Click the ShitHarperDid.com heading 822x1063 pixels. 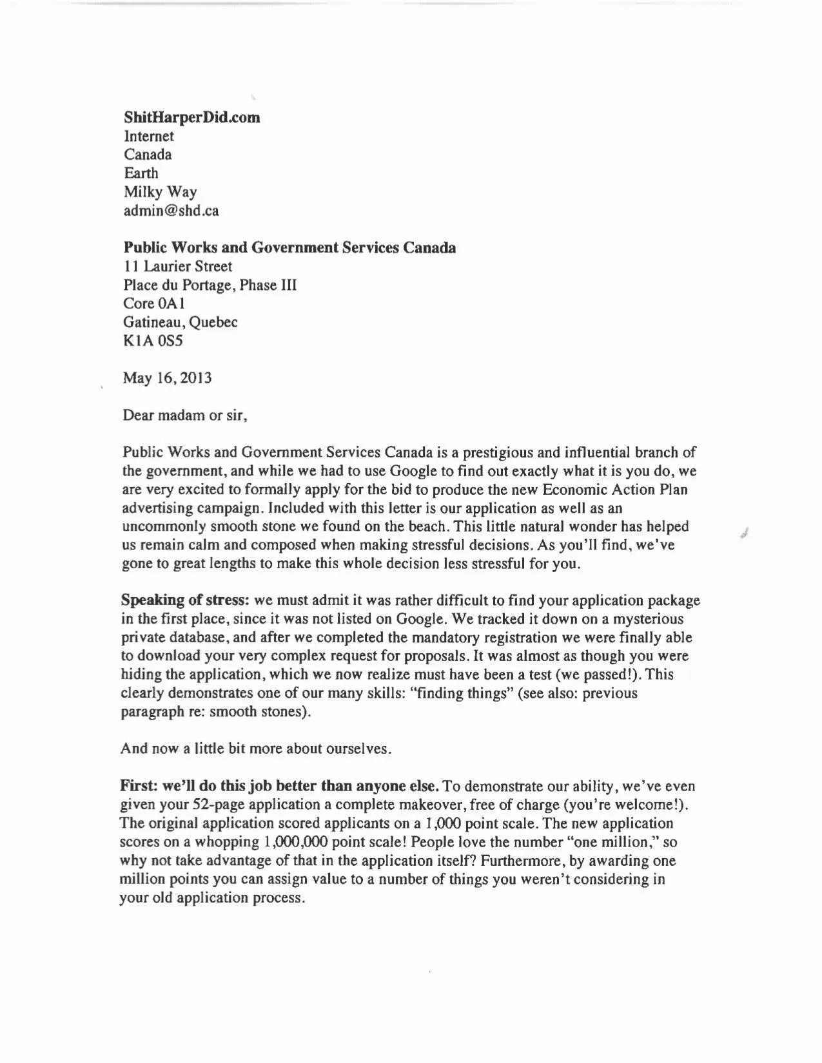click(x=191, y=117)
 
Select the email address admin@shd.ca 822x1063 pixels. click(x=171, y=211)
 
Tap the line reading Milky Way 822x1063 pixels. click(x=160, y=192)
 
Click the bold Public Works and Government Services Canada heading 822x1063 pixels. click(x=289, y=247)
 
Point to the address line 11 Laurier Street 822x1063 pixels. click(x=177, y=266)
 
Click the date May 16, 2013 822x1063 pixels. click(x=167, y=378)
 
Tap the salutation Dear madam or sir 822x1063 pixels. click(x=185, y=415)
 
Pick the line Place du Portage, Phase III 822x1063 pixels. click(x=210, y=285)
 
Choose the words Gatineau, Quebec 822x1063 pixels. click(x=180, y=322)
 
